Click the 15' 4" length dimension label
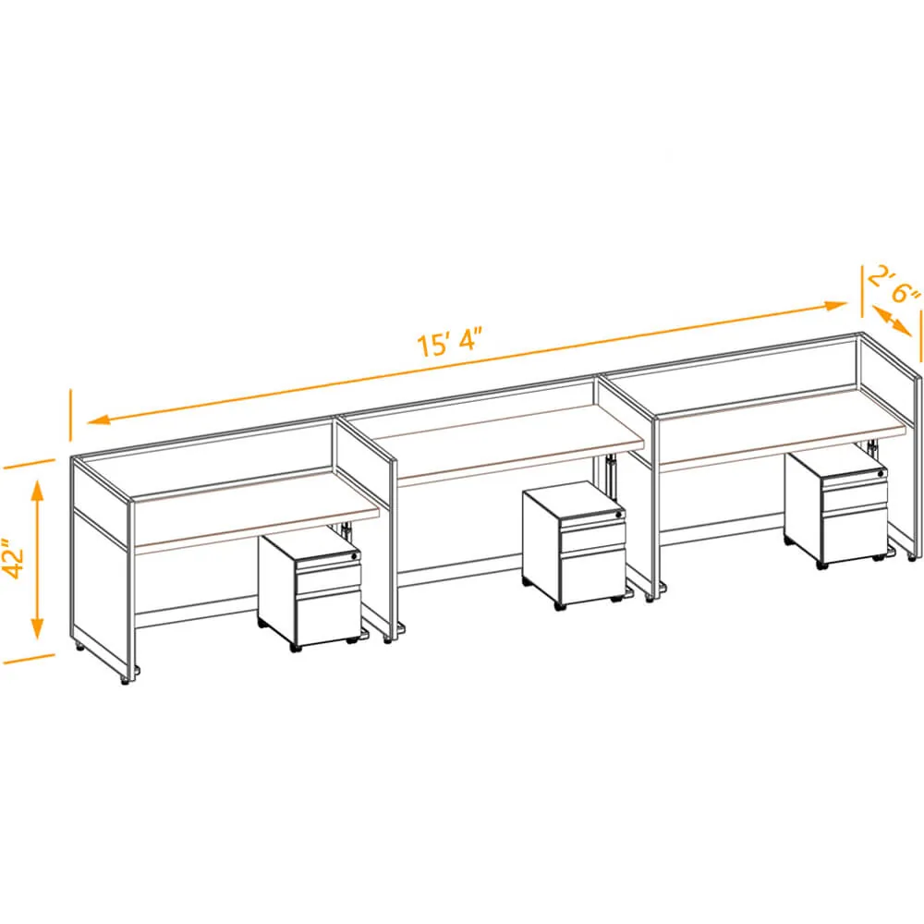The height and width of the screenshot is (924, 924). (x=449, y=343)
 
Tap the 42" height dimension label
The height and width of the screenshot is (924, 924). (x=13, y=558)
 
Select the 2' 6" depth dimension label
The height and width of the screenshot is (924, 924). (x=894, y=286)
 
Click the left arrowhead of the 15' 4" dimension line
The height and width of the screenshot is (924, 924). (x=99, y=419)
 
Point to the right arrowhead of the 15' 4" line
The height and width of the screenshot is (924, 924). (x=835, y=306)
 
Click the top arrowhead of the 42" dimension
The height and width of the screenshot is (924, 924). (x=38, y=492)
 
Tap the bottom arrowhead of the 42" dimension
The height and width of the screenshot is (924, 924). (x=38, y=628)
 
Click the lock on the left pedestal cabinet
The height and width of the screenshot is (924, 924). (x=354, y=555)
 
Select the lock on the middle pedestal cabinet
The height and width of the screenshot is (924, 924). (x=618, y=515)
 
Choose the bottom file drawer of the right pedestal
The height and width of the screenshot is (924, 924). (x=855, y=533)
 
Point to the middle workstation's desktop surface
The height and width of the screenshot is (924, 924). (x=506, y=441)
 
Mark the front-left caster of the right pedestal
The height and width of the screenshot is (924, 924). (x=821, y=565)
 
